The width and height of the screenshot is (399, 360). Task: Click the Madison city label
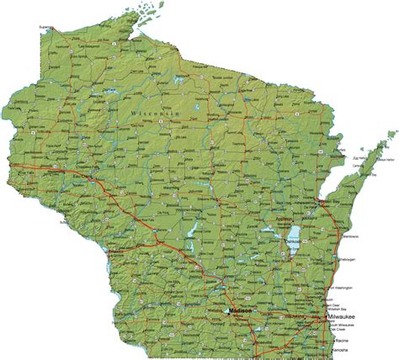point(241,312)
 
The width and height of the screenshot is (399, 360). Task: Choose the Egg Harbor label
point(362,156)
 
